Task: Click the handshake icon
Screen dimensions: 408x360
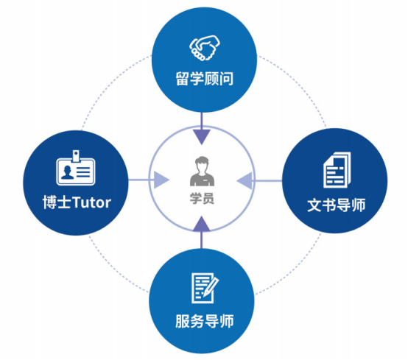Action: click(205, 48)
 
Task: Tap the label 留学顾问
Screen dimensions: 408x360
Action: click(205, 78)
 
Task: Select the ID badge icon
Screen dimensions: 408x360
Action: click(76, 168)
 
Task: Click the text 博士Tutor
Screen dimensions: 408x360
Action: click(77, 202)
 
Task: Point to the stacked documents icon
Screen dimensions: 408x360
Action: click(337, 170)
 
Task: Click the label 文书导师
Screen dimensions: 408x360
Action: click(337, 205)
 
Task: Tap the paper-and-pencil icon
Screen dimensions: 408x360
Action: click(205, 288)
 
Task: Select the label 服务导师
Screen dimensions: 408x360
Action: click(205, 321)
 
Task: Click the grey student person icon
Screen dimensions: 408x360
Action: click(203, 171)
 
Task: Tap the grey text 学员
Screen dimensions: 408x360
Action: click(202, 199)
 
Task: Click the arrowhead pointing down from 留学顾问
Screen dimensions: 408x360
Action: click(202, 136)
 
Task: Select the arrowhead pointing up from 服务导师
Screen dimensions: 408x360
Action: click(202, 224)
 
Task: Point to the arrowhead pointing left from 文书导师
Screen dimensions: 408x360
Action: click(245, 180)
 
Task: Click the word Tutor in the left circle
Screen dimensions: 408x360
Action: click(91, 202)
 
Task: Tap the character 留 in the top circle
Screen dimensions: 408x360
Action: click(183, 78)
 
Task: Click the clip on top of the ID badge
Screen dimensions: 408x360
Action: click(76, 155)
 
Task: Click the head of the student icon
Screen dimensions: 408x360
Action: click(203, 163)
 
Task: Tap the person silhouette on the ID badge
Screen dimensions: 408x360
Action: click(68, 172)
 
